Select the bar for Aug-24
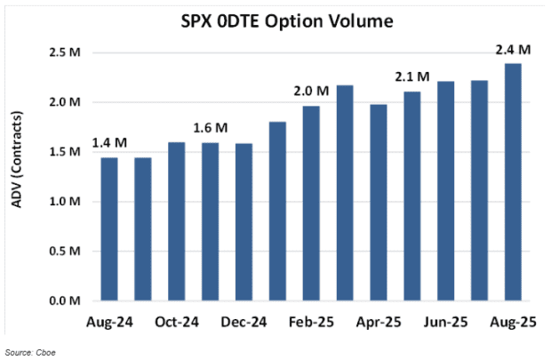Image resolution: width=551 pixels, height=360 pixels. [109, 229]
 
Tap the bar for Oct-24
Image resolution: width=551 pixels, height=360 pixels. [177, 221]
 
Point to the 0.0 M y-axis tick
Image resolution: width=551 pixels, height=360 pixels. [71, 301]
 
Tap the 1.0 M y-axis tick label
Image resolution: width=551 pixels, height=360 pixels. [71, 202]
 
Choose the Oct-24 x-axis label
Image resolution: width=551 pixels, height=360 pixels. [177, 321]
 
